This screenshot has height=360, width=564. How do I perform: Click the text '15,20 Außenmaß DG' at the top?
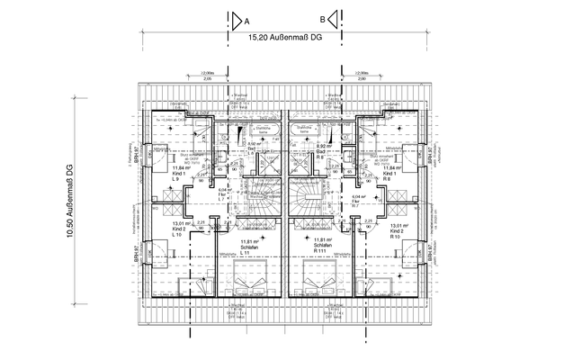click(x=282, y=39)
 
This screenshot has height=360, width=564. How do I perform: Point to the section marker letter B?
click(x=321, y=20)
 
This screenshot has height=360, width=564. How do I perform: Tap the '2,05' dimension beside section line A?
click(x=208, y=80)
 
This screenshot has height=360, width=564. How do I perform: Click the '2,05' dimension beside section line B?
click(x=360, y=80)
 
